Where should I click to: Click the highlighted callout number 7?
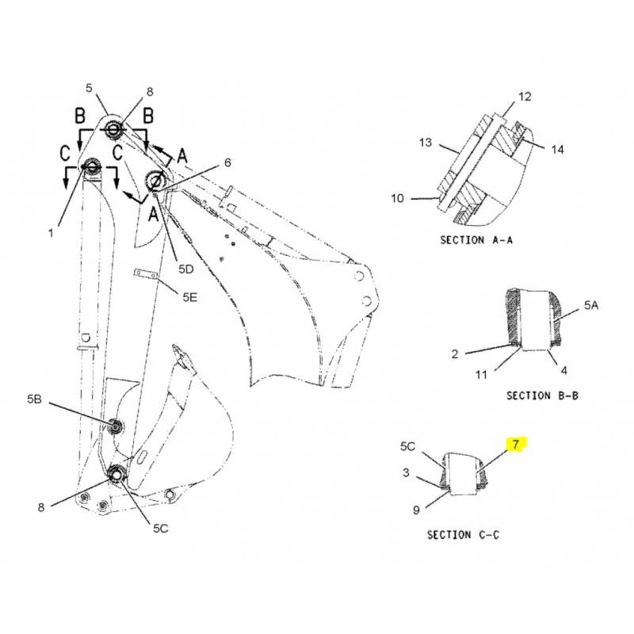coord(515,445)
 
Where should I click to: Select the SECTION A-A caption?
coord(476,240)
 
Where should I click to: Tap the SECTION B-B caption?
coord(542,395)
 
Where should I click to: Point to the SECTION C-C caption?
coord(463,535)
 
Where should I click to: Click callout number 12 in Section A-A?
coord(525,97)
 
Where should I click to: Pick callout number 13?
coord(426,143)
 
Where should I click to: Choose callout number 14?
coord(557,150)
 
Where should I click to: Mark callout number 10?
coord(398,198)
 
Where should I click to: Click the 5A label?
coord(591,305)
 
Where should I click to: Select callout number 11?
coord(481,375)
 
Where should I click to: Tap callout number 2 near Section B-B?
coord(455,354)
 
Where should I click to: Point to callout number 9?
coord(416,510)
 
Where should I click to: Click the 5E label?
coord(189,298)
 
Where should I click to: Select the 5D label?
coord(186,269)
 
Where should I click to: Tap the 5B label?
coord(34,399)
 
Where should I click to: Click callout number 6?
coord(227,162)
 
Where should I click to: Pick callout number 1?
coord(51,233)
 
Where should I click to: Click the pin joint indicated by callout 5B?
coord(116,426)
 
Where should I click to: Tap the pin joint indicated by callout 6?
coord(155,180)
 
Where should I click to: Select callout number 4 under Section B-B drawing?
coord(564,370)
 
